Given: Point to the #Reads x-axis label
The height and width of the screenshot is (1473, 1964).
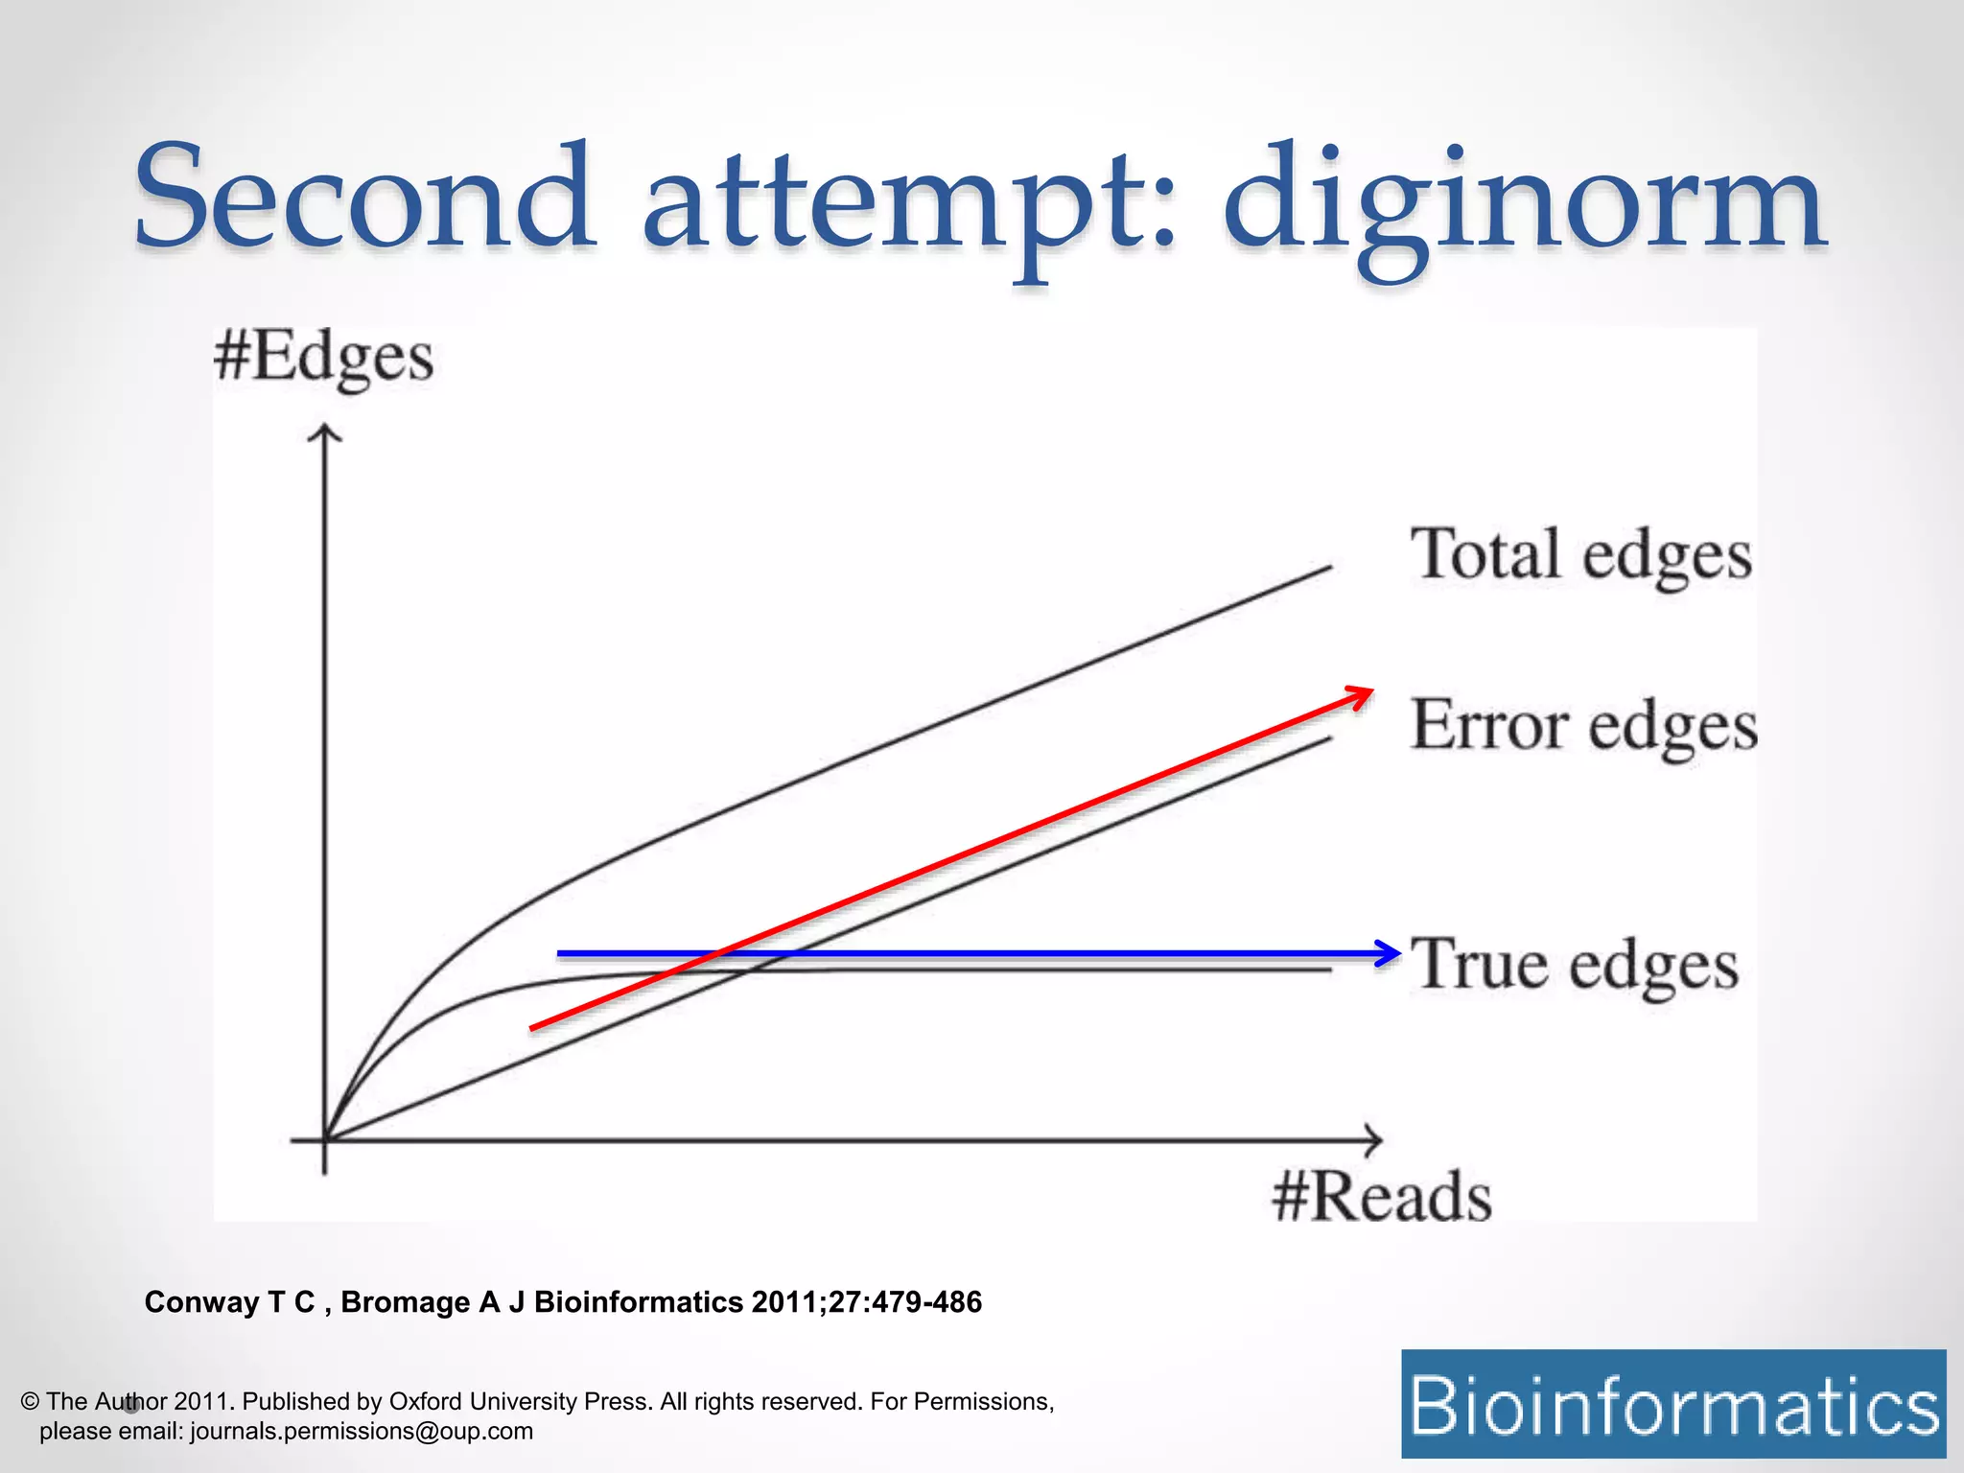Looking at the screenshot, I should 1382,1198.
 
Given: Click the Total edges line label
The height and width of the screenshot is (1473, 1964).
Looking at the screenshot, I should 1580,556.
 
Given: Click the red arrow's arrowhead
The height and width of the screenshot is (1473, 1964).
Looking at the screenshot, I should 1361,694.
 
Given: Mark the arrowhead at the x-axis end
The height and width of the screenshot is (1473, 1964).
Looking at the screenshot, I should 1372,1140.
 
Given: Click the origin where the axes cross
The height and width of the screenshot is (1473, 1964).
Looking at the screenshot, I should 325,1140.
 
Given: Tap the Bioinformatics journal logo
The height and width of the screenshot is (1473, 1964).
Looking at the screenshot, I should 1673,1404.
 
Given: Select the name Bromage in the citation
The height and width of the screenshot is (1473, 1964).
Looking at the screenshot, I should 405,1302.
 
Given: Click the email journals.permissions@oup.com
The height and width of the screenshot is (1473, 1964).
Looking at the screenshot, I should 362,1431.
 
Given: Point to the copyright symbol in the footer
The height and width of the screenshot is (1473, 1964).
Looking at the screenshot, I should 30,1401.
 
